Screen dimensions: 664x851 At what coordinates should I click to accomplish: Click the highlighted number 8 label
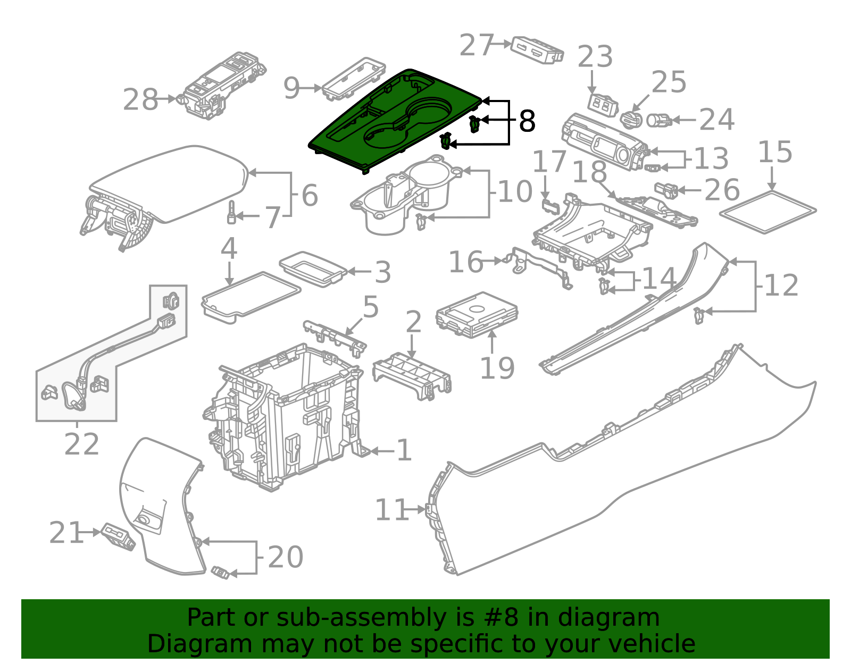(527, 122)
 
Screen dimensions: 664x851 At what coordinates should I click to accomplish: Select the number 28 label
(140, 100)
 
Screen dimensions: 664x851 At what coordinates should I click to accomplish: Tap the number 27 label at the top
(477, 45)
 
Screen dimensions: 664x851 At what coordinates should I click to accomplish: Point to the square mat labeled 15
(768, 212)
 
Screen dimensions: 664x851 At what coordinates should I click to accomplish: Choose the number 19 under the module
(497, 368)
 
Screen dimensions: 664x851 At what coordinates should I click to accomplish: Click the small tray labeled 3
(312, 267)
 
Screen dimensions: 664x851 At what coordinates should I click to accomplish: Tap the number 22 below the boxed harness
(81, 444)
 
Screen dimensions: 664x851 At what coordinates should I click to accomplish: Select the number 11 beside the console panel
(391, 510)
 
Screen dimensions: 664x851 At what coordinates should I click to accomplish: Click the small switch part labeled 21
(118, 536)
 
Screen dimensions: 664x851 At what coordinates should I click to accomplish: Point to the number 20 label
(285, 557)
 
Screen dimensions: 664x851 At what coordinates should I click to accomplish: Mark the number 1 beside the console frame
(404, 450)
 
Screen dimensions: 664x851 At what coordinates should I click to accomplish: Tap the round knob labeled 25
(632, 119)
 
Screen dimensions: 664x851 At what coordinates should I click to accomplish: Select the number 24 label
(716, 120)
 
